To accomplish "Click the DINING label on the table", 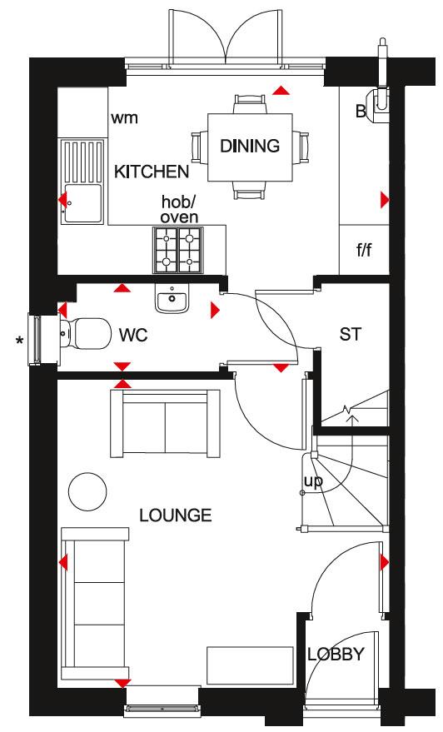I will pyautogui.click(x=249, y=147).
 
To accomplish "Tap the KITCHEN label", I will pyautogui.click(x=152, y=172).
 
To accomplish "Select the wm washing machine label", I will pyautogui.click(x=124, y=117).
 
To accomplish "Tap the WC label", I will pyautogui.click(x=133, y=336).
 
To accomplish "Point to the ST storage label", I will pyautogui.click(x=350, y=335).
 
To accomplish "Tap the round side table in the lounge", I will pyautogui.click(x=86, y=490).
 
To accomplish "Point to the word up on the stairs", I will pyautogui.click(x=313, y=481).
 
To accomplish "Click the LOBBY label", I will pyautogui.click(x=336, y=654).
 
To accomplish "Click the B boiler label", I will pyautogui.click(x=361, y=112).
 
